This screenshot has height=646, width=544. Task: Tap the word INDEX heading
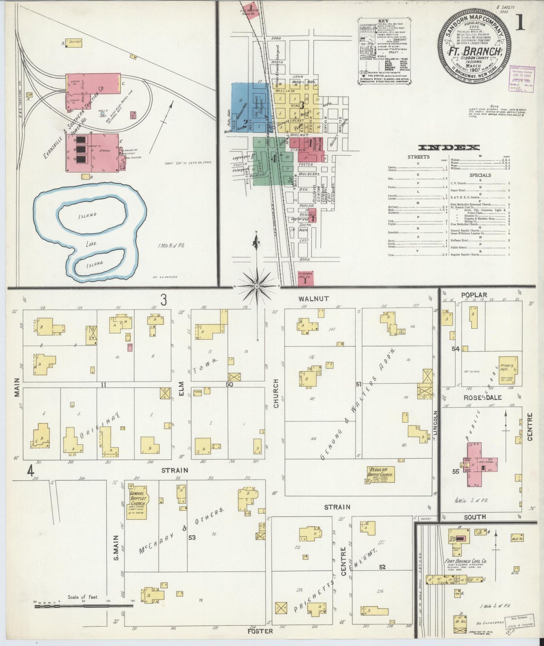click(x=449, y=147)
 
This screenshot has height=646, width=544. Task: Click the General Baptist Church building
click(x=137, y=501)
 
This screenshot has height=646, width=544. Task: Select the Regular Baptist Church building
click(x=380, y=475)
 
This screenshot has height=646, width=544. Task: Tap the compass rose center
click(x=257, y=286)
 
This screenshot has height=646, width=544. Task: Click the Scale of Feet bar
click(x=83, y=616)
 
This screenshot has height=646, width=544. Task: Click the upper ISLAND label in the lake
click(x=88, y=216)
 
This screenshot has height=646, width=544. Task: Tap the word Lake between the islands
click(x=91, y=244)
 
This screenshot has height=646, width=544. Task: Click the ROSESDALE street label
click(x=477, y=398)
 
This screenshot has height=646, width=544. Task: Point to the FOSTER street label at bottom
click(x=260, y=631)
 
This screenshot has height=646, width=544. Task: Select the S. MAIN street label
click(x=116, y=547)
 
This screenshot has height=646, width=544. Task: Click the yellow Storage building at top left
click(x=74, y=42)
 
